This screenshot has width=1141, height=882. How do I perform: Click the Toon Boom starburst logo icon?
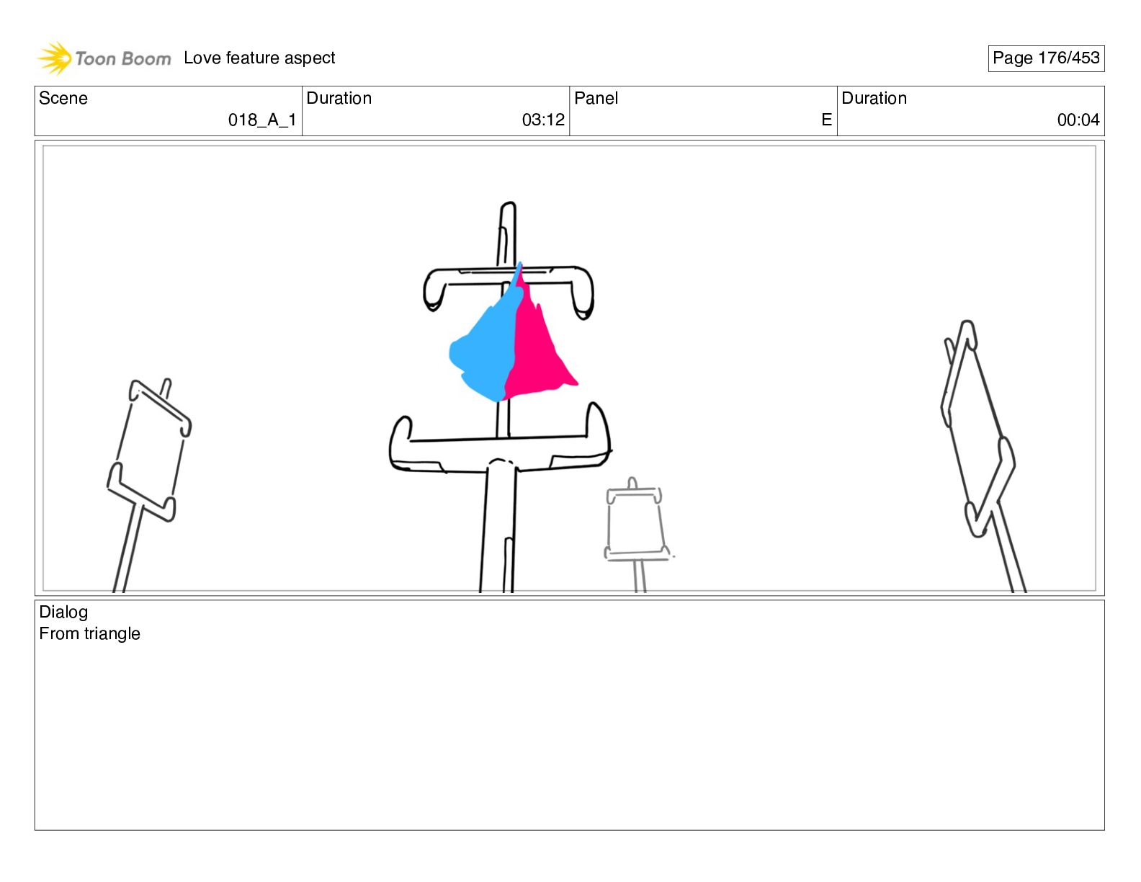(55, 58)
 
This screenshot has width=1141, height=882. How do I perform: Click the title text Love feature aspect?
(259, 58)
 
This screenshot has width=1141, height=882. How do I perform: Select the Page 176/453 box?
(1046, 58)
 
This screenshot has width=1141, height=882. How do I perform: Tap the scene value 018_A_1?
(262, 120)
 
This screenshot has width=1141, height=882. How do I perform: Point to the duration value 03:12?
(543, 120)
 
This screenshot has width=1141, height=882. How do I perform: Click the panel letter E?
(826, 120)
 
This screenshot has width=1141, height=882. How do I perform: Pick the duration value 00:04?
(1078, 120)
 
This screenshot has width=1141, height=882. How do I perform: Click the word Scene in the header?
(63, 98)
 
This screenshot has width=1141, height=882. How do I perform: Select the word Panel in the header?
(596, 98)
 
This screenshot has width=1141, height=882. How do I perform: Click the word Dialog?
(63, 612)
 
